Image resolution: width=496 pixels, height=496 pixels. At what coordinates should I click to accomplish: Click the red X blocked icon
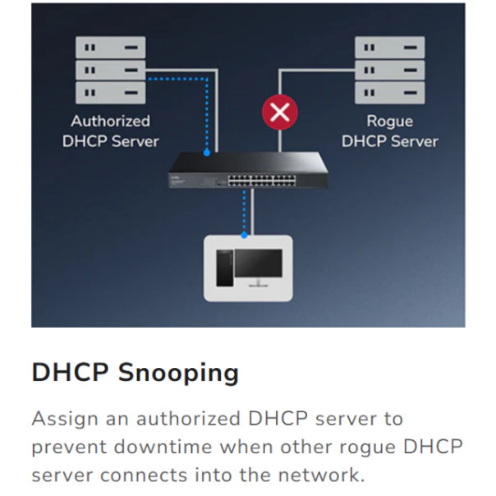(280, 112)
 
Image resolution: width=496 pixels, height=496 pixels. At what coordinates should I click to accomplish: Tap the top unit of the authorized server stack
(111, 48)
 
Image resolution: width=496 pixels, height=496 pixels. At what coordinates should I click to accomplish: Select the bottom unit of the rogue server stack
(390, 93)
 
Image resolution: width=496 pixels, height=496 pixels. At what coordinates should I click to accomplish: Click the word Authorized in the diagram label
(110, 121)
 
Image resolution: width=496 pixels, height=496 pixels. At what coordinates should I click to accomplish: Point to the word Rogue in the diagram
(390, 122)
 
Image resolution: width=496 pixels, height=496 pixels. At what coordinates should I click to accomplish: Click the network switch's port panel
(262, 181)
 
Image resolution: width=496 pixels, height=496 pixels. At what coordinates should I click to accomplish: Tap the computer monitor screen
(259, 263)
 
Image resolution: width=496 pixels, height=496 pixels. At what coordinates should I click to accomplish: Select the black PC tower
(224, 269)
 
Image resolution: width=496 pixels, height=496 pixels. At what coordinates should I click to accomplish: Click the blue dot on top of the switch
(207, 153)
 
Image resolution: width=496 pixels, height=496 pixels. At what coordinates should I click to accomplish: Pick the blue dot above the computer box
(244, 235)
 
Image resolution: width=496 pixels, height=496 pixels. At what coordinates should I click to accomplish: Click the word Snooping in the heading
(178, 374)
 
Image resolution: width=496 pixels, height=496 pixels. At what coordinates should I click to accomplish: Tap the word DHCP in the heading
(71, 372)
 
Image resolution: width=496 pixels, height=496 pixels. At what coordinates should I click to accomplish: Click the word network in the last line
(322, 475)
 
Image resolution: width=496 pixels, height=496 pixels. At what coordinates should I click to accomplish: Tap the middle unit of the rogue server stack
(390, 70)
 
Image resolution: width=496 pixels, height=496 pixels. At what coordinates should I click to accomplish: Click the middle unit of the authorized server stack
(111, 70)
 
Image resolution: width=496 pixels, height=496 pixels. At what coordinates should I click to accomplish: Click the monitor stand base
(259, 286)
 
